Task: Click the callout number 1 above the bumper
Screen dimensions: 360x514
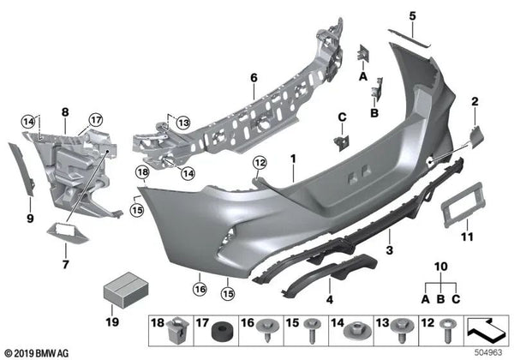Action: click(292, 159)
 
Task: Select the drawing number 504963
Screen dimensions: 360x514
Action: click(489, 351)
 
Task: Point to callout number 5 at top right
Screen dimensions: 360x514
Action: click(411, 15)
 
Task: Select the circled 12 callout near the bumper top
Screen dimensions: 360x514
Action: click(260, 162)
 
